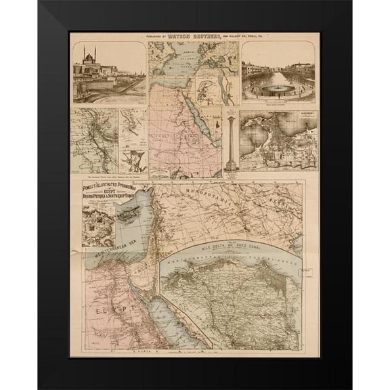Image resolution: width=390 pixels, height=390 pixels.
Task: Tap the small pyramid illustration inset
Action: (215, 125)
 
